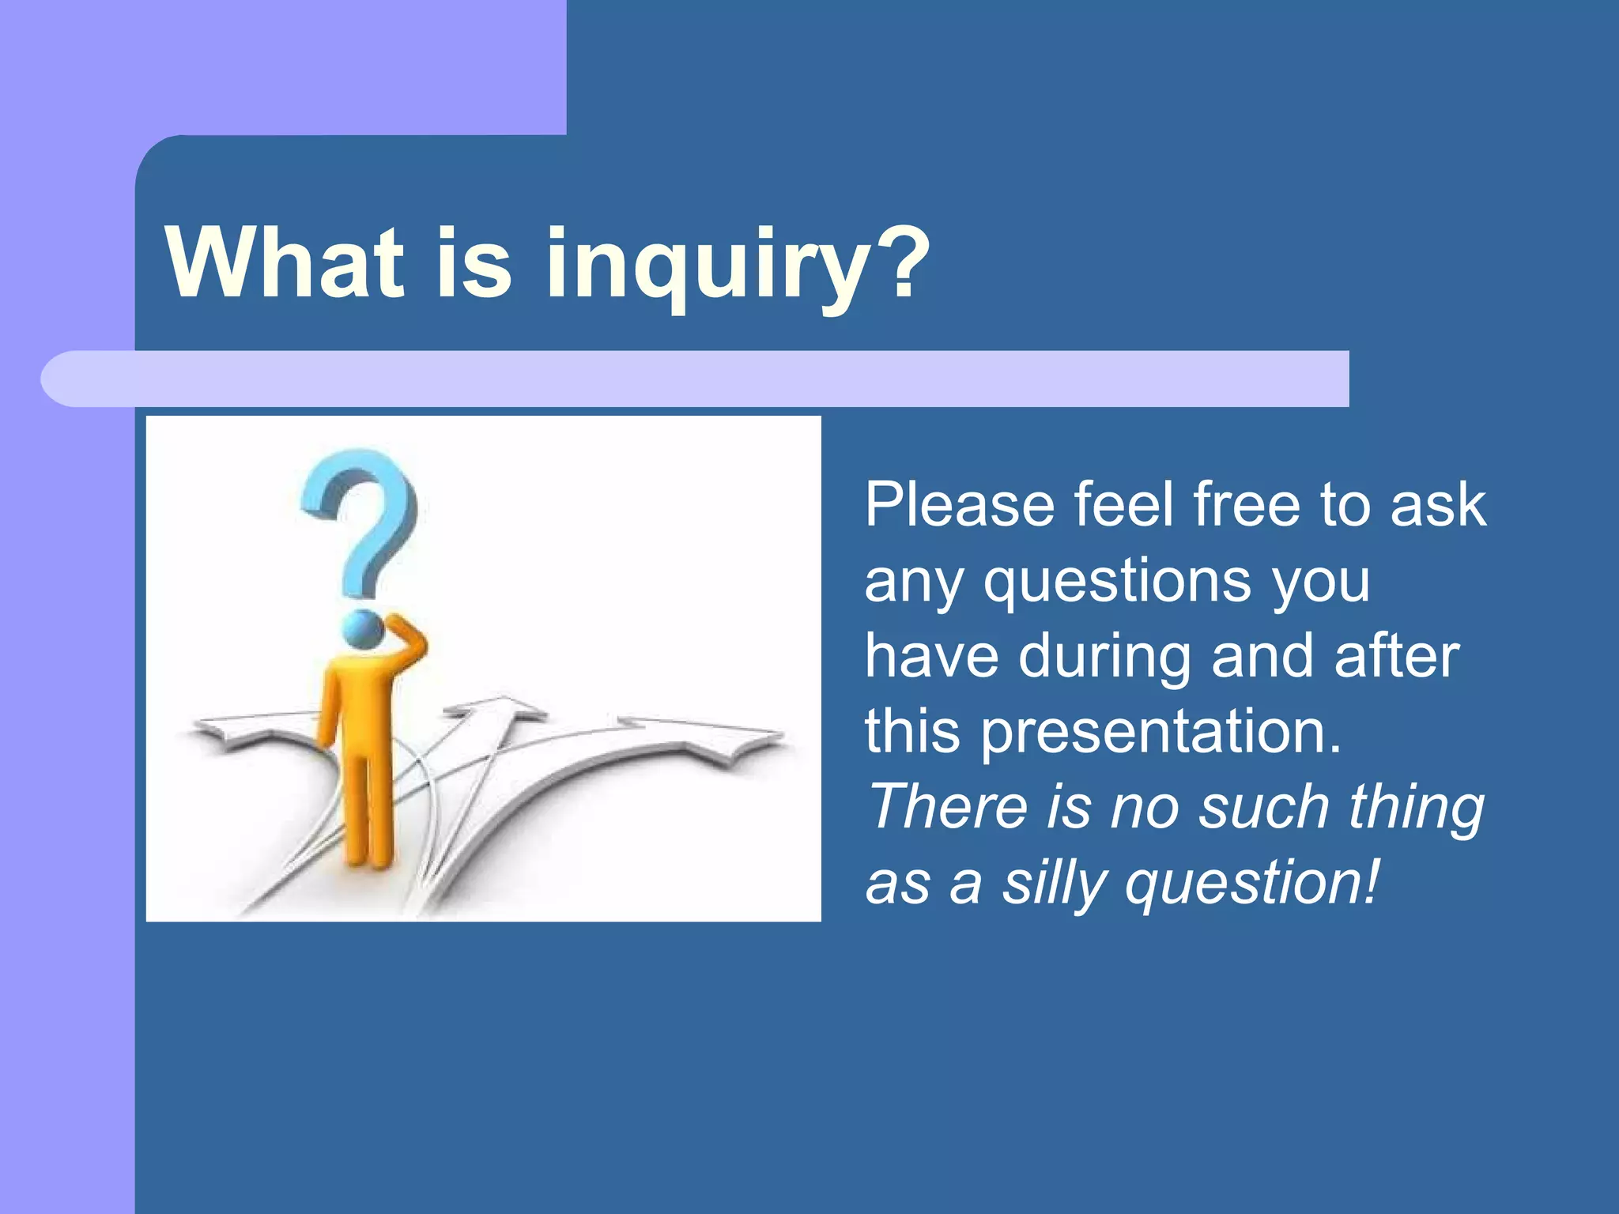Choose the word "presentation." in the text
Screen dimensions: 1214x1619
(x=1161, y=731)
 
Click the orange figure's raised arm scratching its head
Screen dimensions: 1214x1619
(x=407, y=641)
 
